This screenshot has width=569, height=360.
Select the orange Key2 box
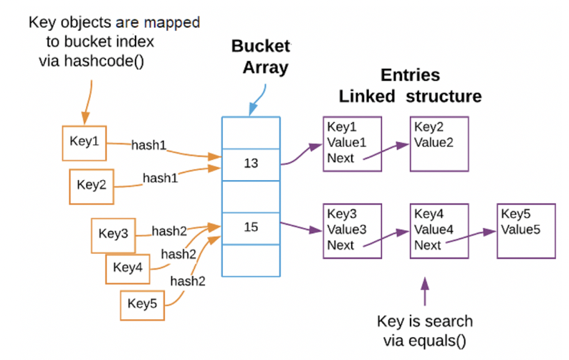92,185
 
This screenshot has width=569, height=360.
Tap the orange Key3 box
113,234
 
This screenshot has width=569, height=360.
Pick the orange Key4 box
128,268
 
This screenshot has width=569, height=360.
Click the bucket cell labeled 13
250,164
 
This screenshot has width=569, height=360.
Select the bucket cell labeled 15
250,227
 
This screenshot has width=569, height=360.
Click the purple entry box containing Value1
352,143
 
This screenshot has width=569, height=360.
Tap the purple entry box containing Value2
439,143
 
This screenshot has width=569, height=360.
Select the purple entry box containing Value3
352,229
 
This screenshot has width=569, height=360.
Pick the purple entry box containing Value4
439,229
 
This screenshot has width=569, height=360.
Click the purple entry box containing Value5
525,229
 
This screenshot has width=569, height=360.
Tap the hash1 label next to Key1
148,145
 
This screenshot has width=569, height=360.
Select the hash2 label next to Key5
188,280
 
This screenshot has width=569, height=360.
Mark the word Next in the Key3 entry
340,245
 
